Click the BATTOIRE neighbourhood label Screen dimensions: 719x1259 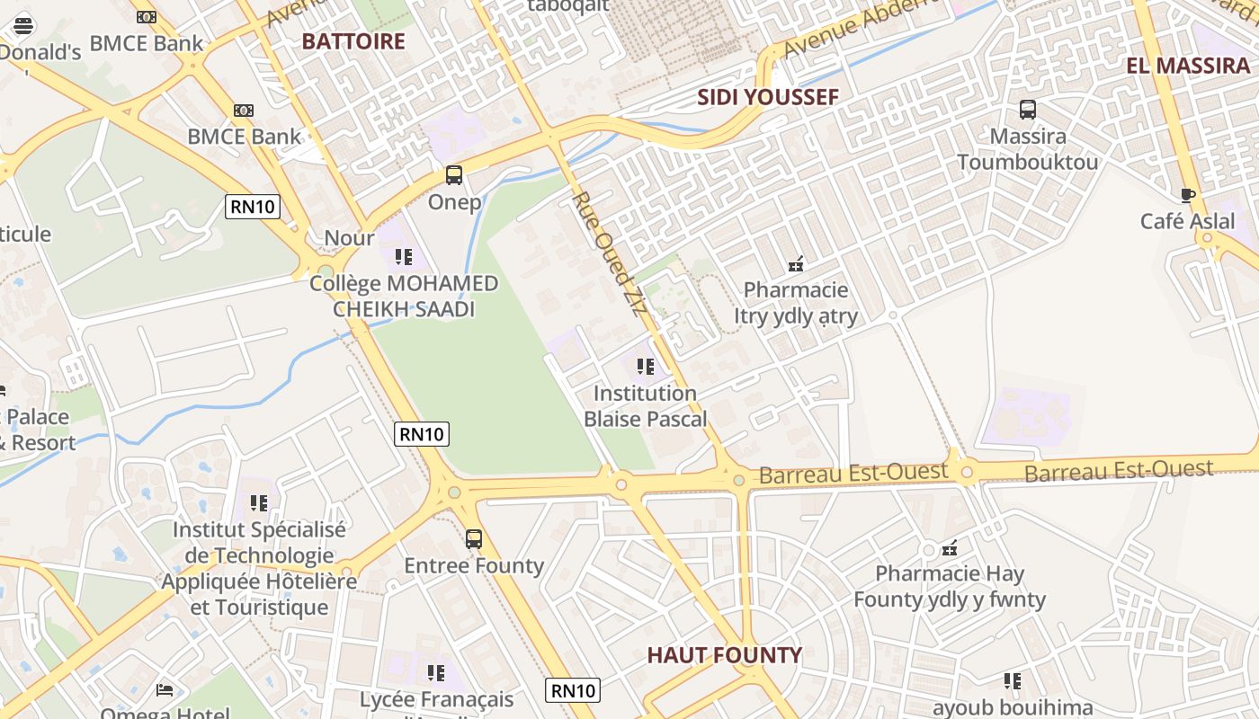point(353,41)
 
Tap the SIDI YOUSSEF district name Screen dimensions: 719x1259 point(768,97)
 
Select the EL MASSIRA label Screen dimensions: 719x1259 point(1188,66)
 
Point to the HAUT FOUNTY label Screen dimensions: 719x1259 point(724,655)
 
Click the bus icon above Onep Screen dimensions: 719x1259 point(454,175)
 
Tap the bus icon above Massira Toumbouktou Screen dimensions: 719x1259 point(1027,111)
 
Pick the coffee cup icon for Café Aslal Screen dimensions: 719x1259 point(1188,195)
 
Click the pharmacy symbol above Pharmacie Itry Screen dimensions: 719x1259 point(795,264)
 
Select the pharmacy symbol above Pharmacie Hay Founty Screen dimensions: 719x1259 point(949,547)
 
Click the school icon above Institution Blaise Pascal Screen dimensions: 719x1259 point(645,367)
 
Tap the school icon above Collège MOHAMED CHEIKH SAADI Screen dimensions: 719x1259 point(403,257)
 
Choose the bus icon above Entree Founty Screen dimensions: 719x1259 point(474,539)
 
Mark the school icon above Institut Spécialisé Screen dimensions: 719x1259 point(259,503)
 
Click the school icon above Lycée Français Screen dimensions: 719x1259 point(436,673)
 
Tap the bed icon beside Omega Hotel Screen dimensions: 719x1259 point(165,690)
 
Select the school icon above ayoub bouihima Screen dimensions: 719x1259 point(1013,681)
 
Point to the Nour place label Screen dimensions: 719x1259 point(349,238)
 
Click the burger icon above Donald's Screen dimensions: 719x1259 point(23,25)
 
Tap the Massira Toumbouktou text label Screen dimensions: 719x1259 point(1027,149)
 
